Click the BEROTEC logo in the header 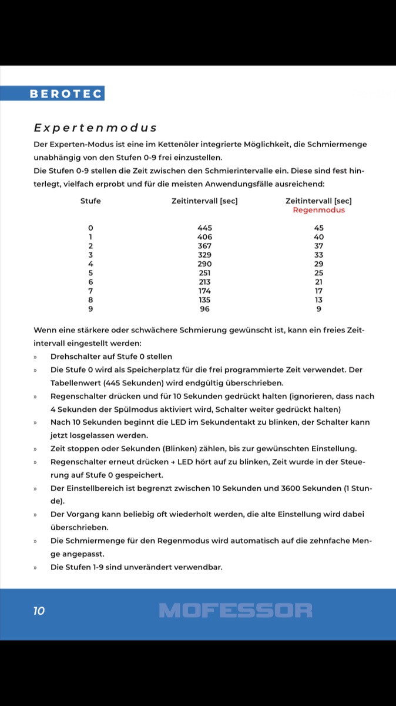point(66,94)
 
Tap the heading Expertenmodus point(95,128)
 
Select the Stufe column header point(90,201)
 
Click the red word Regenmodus point(318,210)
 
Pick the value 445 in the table point(204,228)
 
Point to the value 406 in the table point(204,237)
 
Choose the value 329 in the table point(204,255)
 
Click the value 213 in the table point(204,282)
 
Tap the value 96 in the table point(204,309)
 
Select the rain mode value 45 point(318,228)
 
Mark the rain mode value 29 point(318,264)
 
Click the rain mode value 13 point(318,300)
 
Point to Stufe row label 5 point(90,273)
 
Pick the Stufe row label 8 point(90,300)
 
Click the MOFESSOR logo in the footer point(236,611)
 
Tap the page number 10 point(39,611)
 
